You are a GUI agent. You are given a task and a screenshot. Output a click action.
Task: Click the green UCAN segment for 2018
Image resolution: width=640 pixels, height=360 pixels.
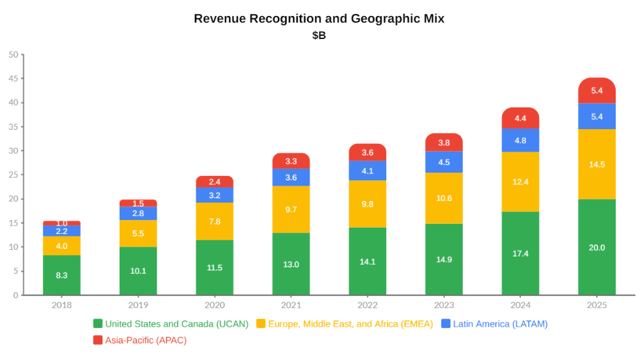click(61, 275)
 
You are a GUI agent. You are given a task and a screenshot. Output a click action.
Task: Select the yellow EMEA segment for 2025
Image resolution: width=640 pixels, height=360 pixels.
click(597, 164)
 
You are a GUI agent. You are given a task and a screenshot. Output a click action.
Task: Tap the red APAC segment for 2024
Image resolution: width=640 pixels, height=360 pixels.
click(520, 118)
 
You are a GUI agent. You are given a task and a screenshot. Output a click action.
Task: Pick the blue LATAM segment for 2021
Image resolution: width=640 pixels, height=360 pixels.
click(291, 177)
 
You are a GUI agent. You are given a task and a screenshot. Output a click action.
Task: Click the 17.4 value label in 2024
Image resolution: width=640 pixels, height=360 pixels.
click(520, 253)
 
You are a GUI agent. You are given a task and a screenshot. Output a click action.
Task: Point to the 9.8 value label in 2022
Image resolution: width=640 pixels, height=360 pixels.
click(367, 204)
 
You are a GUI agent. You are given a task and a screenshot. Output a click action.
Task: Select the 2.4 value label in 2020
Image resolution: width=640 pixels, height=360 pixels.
click(214, 182)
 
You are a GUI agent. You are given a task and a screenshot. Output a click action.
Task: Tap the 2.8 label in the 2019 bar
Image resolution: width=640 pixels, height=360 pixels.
click(138, 213)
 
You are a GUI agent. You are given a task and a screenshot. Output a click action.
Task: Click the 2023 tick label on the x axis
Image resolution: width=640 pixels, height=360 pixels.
click(444, 305)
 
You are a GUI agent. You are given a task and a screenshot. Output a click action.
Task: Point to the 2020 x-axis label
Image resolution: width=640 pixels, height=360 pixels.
click(214, 305)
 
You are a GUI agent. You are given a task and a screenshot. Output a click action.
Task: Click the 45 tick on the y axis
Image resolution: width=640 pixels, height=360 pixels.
click(13, 79)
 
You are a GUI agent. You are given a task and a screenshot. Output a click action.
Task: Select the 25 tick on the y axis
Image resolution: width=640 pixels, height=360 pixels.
click(13, 175)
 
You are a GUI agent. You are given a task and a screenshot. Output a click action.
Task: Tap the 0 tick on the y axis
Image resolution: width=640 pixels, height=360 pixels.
click(16, 295)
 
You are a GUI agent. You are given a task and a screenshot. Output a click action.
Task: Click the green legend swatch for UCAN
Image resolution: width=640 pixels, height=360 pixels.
click(98, 324)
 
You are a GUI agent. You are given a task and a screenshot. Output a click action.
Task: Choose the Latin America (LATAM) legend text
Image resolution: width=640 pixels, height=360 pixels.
click(500, 324)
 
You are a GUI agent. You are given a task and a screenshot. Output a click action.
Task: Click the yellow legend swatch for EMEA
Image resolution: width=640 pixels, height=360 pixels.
click(261, 324)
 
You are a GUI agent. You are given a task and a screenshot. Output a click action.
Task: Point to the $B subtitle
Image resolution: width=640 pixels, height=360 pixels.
click(319, 36)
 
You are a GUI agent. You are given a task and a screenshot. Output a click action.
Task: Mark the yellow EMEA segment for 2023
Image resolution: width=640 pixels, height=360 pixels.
click(444, 198)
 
